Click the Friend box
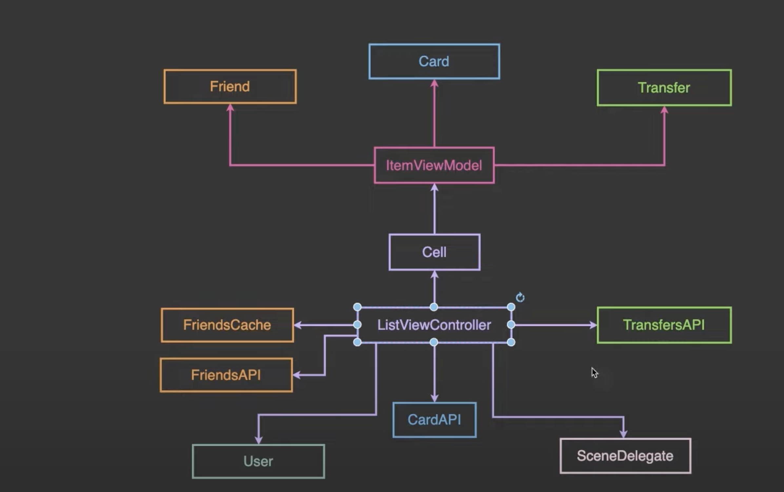[x=230, y=86]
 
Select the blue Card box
[x=434, y=61]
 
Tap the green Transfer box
[x=664, y=88]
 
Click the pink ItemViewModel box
[x=434, y=165]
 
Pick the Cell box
[x=434, y=252]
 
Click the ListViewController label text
[x=434, y=325]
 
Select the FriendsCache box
[x=227, y=325]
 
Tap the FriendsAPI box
[x=226, y=375]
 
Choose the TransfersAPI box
[x=664, y=325]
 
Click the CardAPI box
[x=434, y=420]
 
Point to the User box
[x=258, y=462]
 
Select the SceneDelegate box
[x=625, y=456]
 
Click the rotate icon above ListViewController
[x=520, y=297]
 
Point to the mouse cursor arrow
[x=595, y=373]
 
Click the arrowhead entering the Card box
[x=434, y=83]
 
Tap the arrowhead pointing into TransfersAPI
[x=593, y=325]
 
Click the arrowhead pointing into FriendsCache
[x=298, y=325]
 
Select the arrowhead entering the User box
[x=259, y=440]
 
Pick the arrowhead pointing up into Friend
[x=230, y=107]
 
